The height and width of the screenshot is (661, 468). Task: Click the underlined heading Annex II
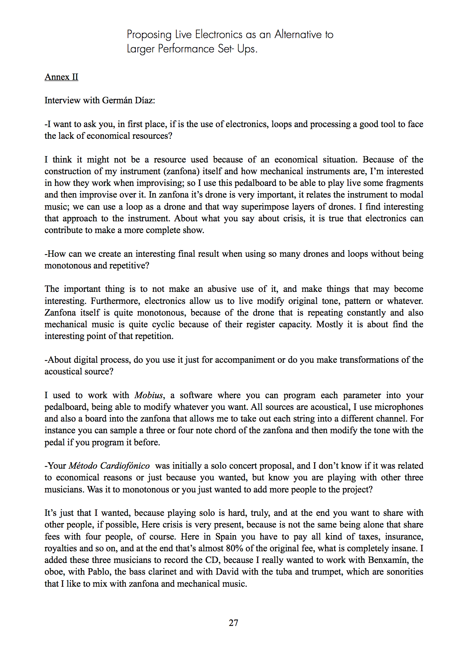tap(61, 77)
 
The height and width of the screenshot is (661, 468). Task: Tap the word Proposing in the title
tap(149, 35)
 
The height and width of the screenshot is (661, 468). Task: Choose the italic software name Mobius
tap(149, 395)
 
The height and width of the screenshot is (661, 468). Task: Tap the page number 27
tap(234, 623)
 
